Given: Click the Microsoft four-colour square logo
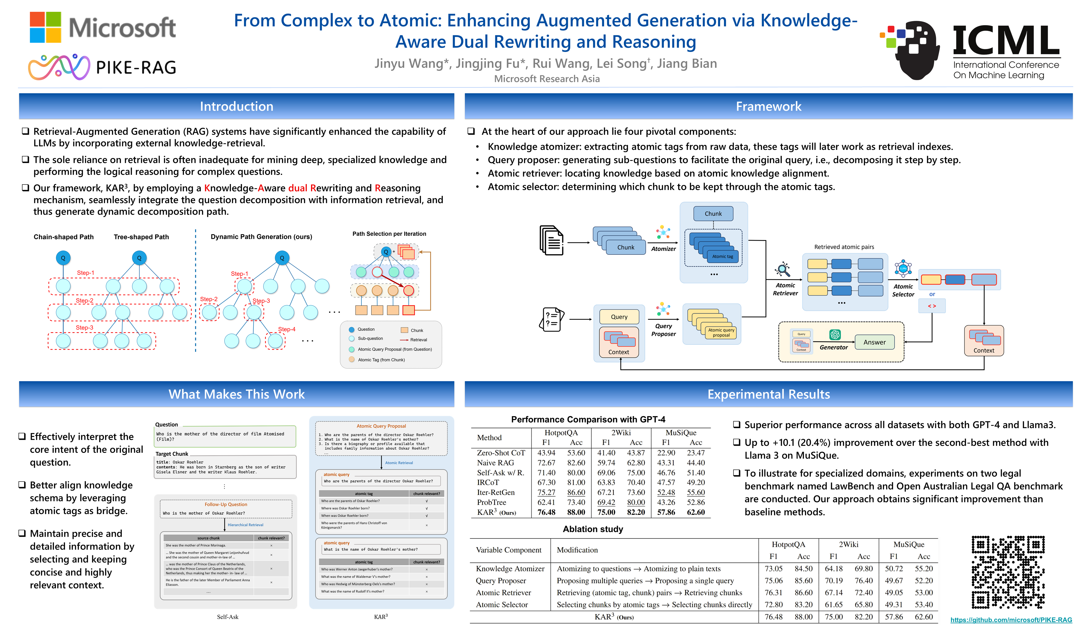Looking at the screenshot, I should [45, 27].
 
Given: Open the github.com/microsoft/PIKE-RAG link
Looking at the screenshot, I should [1011, 620].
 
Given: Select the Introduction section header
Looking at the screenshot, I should [237, 106].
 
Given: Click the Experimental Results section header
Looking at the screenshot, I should [768, 394].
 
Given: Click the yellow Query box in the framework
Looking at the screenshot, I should [619, 317].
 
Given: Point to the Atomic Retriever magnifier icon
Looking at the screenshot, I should [783, 270].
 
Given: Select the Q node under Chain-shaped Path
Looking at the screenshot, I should [63, 258].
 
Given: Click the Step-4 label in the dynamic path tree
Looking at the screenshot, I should [286, 329].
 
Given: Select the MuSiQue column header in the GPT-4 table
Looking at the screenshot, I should [681, 432].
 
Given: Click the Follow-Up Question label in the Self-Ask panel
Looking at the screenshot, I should [226, 505].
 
